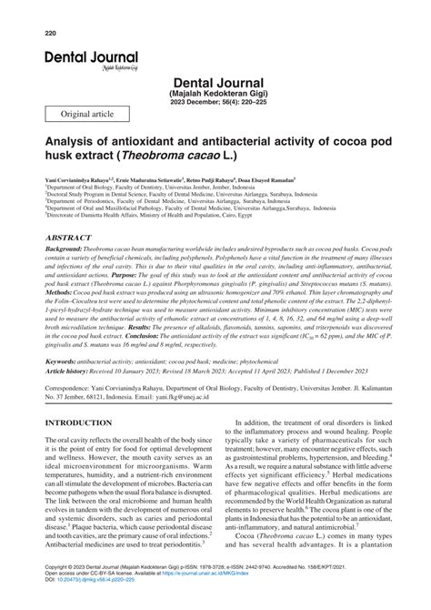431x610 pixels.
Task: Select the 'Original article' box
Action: point(87,112)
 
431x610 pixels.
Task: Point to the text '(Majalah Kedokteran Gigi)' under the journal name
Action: point(215,95)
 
